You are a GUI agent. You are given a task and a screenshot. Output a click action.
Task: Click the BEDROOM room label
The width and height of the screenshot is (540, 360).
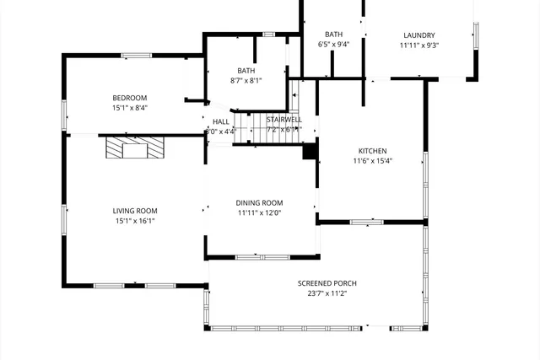[x=130, y=97]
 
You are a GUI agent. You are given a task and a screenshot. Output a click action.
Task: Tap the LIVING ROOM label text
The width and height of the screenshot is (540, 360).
[x=135, y=211]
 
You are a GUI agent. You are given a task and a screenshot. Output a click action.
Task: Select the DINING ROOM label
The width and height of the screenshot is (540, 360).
[x=259, y=203]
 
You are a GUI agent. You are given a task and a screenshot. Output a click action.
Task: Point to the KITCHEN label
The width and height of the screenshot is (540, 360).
[x=372, y=151]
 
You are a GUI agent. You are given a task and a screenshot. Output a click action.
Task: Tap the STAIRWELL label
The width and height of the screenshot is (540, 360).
[x=283, y=121]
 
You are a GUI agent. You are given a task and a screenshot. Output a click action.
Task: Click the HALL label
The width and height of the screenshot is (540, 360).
[x=220, y=121]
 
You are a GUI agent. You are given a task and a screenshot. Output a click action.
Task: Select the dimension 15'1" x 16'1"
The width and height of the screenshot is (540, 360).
[x=135, y=221]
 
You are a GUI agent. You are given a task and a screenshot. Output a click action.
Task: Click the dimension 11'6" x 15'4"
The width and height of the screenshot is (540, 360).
[x=372, y=161]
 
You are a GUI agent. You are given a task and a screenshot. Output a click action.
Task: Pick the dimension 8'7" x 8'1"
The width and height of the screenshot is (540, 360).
[x=246, y=81]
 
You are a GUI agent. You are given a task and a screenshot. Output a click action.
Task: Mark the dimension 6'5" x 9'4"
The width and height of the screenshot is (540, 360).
[x=333, y=44]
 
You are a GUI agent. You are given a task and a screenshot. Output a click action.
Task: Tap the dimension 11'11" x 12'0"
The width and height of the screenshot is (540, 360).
[x=259, y=213]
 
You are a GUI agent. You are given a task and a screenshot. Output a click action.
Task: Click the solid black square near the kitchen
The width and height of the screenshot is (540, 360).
[x=309, y=152]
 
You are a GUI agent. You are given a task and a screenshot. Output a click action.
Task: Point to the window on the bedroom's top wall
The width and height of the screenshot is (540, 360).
[x=136, y=56]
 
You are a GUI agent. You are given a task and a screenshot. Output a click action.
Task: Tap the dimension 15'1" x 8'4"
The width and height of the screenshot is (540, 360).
[x=130, y=107]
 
